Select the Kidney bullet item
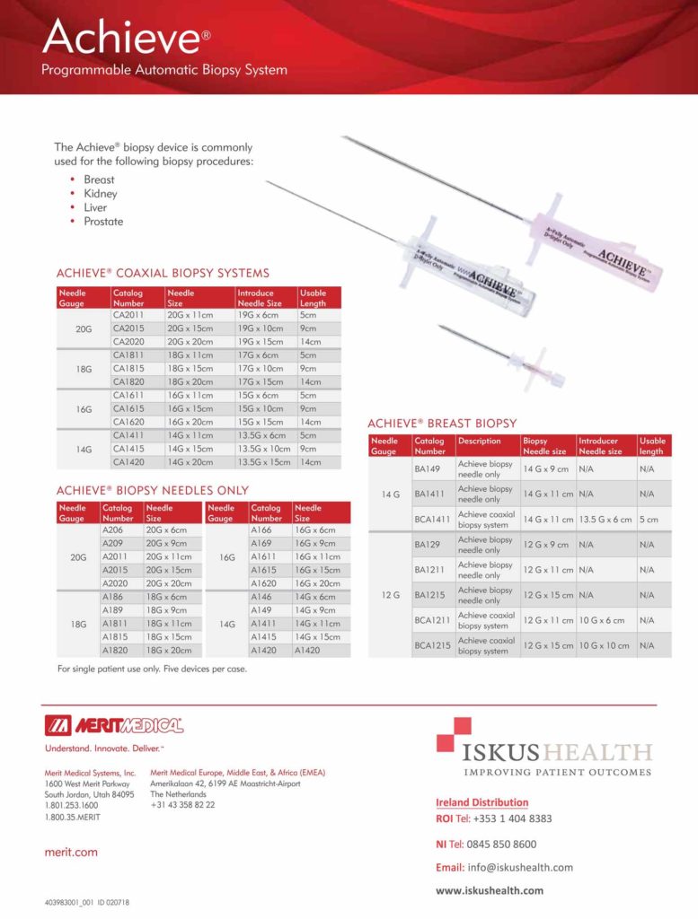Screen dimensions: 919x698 [101, 194]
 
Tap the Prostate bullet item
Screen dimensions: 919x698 [103, 222]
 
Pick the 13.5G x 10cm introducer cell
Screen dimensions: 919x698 [264, 449]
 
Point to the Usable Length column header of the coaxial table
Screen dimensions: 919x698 [319, 298]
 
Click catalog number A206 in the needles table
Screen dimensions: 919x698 [113, 530]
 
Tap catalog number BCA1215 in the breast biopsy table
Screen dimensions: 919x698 [431, 644]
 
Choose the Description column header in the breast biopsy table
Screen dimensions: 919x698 [479, 441]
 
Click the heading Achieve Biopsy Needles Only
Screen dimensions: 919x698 [153, 491]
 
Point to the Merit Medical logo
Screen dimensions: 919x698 [114, 725]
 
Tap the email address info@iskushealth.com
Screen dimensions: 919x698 [520, 867]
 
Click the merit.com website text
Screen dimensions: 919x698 [71, 852]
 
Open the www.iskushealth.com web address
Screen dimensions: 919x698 [490, 890]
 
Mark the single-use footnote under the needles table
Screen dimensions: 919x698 [152, 670]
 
